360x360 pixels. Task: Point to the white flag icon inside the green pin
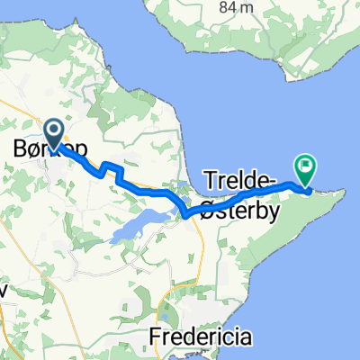[x=306, y=166]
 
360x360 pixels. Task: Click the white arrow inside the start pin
[x=54, y=133]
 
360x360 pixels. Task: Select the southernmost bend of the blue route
[x=184, y=214]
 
